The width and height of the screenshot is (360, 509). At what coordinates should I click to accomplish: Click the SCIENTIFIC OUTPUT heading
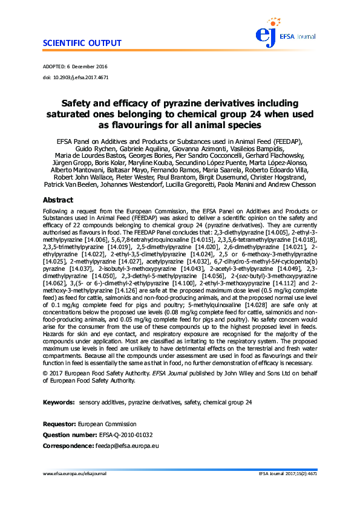[82, 44]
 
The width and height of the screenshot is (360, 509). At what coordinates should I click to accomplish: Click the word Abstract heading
[58, 200]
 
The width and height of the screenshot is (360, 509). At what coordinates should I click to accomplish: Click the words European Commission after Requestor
[108, 424]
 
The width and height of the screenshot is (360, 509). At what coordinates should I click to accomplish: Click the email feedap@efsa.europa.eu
[127, 446]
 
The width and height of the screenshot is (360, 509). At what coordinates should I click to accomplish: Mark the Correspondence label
[68, 446]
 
